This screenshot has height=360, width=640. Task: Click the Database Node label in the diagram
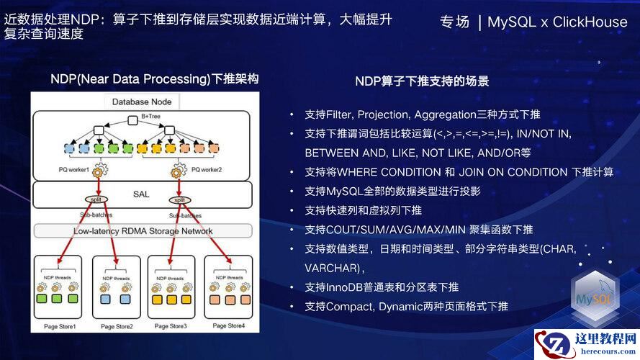(142, 102)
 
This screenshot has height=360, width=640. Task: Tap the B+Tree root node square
(132, 120)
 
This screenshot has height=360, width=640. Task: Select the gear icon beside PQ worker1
(100, 171)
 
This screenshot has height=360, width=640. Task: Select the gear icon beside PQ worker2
(180, 171)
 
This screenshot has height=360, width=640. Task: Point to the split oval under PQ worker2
(179, 199)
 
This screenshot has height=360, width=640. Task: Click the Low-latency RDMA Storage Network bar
(143, 231)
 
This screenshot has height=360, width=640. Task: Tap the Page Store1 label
(58, 326)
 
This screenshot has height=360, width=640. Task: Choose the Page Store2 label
(117, 326)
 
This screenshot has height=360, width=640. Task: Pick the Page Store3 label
(170, 326)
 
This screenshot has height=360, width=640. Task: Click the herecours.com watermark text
(603, 352)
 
